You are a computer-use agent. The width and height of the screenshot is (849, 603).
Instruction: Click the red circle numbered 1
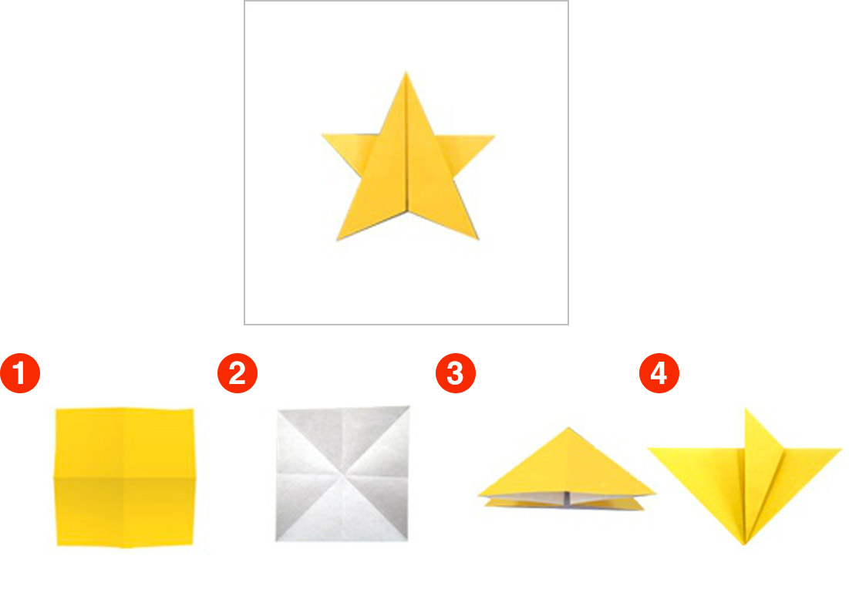point(20,373)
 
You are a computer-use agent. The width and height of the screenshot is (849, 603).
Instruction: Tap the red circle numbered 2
point(238,373)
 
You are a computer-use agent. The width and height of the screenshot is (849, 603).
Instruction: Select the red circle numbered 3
point(456,373)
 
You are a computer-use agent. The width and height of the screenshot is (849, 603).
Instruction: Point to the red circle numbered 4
point(659,373)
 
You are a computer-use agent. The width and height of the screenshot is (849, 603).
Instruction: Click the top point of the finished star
point(406,72)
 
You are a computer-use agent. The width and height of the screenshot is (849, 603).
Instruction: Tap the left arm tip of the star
point(322,134)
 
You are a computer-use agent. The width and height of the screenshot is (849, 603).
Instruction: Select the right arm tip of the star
point(494,136)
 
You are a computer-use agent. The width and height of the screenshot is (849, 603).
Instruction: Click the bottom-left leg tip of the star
point(337,240)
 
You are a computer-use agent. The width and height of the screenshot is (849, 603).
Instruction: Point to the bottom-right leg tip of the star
point(478,239)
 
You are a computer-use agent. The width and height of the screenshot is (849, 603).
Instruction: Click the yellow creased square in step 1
point(124,477)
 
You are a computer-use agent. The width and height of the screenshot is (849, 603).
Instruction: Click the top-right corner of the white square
point(409,406)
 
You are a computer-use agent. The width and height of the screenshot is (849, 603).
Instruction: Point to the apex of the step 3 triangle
point(568,428)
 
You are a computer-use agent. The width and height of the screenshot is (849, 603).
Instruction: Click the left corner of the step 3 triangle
point(479,494)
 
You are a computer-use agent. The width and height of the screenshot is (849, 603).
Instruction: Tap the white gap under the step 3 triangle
point(567,499)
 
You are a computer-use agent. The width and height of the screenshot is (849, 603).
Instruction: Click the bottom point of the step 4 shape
point(744,544)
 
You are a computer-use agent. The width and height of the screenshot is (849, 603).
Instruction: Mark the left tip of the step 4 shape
point(648,448)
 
